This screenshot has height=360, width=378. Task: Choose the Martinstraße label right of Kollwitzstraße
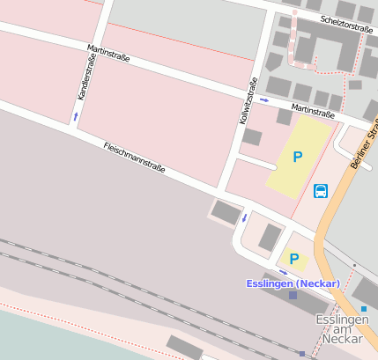pyautogui.click(x=312, y=111)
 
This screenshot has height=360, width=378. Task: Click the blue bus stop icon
pyautogui.click(x=321, y=191)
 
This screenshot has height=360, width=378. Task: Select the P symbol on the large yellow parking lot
pyautogui.click(x=298, y=157)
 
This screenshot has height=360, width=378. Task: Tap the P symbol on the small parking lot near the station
pyautogui.click(x=294, y=259)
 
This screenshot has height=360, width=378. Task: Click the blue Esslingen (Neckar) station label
pyautogui.click(x=293, y=283)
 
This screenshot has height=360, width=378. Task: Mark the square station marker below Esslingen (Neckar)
pyautogui.click(x=293, y=296)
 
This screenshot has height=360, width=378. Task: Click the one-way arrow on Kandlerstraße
pyautogui.click(x=76, y=115)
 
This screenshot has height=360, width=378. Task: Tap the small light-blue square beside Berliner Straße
pyautogui.click(x=364, y=309)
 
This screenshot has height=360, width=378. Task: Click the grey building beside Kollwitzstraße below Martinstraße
pyautogui.click(x=252, y=137)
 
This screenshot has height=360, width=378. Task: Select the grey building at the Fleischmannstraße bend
pyautogui.click(x=226, y=212)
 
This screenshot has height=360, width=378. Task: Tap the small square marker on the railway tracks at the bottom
pyautogui.click(x=302, y=354)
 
